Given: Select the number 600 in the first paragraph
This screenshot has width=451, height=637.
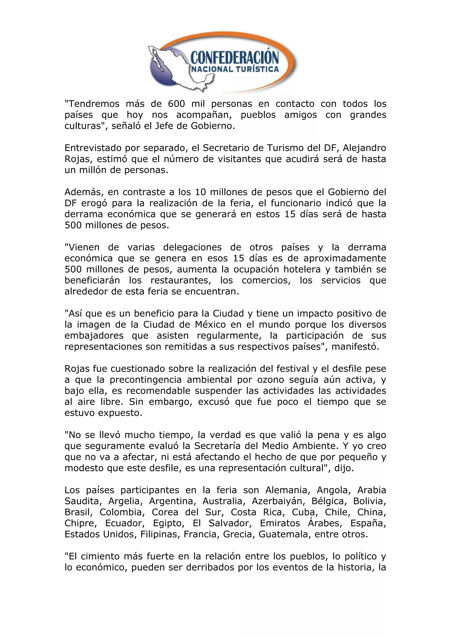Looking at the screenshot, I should click(x=176, y=104).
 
